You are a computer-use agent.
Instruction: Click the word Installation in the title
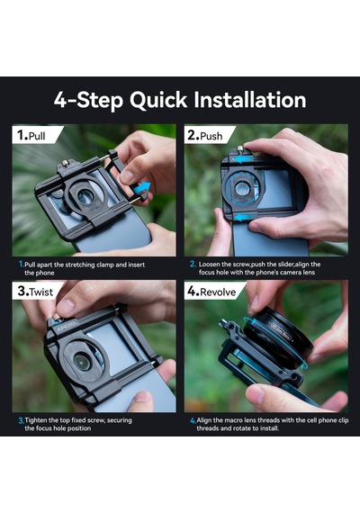[250, 100]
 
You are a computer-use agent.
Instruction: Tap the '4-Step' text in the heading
[88, 101]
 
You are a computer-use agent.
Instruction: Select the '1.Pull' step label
[31, 135]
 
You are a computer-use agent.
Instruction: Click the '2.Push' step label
[205, 135]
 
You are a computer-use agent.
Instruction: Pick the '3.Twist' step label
[35, 291]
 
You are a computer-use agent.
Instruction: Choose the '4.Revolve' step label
[211, 292]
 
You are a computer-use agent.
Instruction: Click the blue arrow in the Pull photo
[142, 188]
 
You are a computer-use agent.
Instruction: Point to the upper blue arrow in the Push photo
[244, 159]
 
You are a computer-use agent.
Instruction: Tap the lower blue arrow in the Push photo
[244, 217]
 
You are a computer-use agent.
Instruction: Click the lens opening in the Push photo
[242, 189]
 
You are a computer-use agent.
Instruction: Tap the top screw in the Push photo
[240, 149]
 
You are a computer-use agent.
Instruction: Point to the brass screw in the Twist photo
[57, 317]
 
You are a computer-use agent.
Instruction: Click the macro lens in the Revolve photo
[278, 337]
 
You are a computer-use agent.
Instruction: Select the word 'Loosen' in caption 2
[209, 265]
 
